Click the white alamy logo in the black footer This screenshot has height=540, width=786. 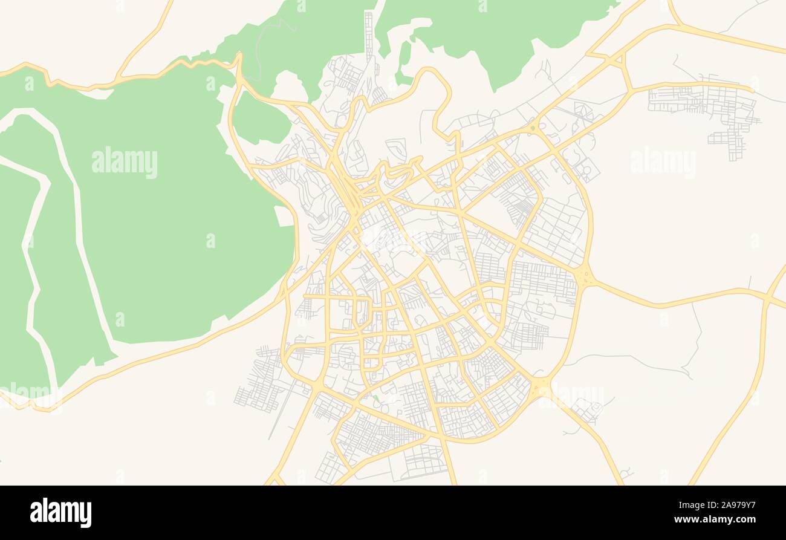point(60,513)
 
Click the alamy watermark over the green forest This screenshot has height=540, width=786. point(125,163)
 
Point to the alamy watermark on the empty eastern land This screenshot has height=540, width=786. point(663,163)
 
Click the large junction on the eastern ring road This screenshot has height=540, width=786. point(584,277)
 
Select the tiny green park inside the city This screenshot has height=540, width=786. point(376,398)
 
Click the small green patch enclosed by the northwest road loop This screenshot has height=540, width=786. point(260,118)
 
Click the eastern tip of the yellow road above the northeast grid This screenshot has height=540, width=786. point(752,89)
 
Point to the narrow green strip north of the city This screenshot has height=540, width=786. point(403,60)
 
